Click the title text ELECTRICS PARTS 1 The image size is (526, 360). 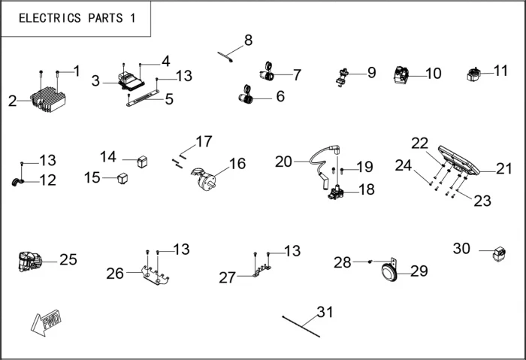pyautogui.click(x=77, y=19)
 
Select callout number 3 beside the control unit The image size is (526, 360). pyautogui.click(x=95, y=80)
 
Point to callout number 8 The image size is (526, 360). pyautogui.click(x=248, y=40)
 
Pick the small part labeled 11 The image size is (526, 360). pyautogui.click(x=476, y=74)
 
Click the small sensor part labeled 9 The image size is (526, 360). pyautogui.click(x=342, y=76)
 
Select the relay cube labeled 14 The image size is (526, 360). pyautogui.click(x=141, y=160)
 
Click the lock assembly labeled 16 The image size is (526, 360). pyautogui.click(x=205, y=178)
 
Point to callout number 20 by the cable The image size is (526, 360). pyautogui.click(x=283, y=161)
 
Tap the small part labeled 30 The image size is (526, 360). pyautogui.click(x=497, y=254)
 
